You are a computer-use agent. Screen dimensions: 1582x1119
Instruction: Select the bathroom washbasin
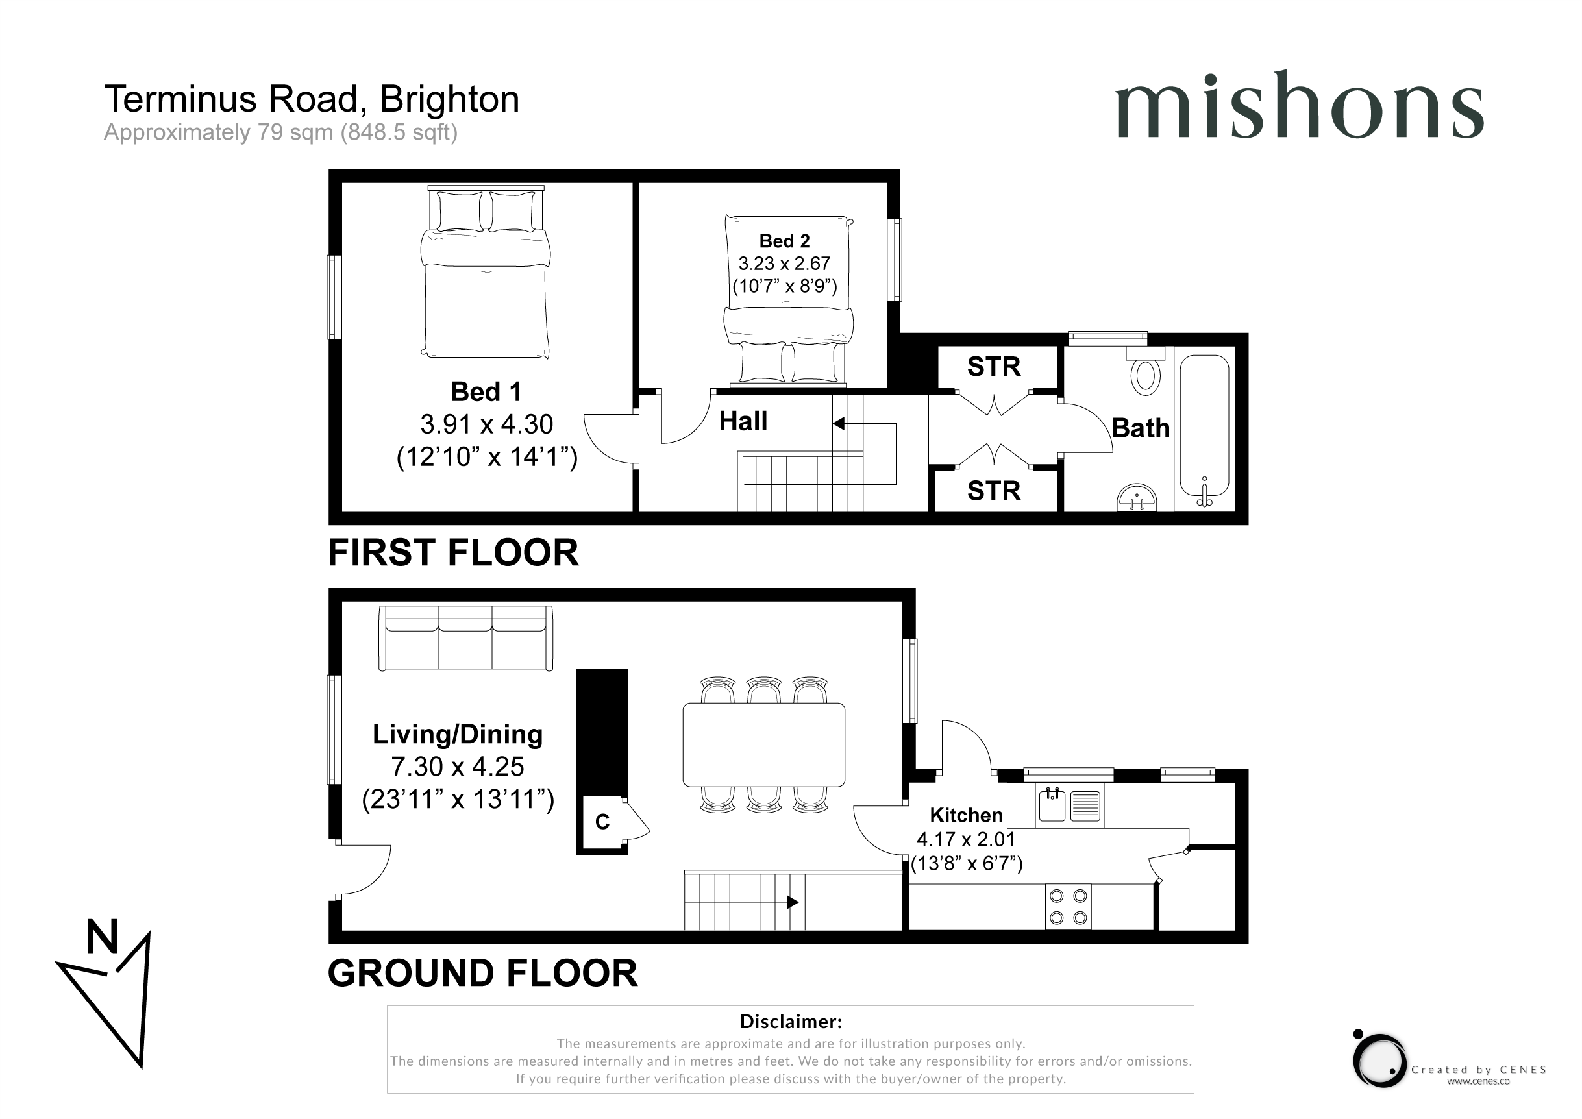tap(1136, 497)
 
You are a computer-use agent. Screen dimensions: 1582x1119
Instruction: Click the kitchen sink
tap(1069, 805)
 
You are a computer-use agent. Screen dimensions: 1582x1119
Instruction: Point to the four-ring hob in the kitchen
tap(1068, 907)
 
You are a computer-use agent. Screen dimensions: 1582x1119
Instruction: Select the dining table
tap(763, 745)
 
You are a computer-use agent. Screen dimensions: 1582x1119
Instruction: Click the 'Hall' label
tap(743, 421)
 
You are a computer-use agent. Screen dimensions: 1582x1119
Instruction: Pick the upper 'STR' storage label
tap(994, 367)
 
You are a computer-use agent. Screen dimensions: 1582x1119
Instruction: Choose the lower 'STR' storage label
tap(994, 491)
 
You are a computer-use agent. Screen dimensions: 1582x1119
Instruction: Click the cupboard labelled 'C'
tap(602, 821)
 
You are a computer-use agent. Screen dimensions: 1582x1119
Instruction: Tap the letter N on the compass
tap(102, 937)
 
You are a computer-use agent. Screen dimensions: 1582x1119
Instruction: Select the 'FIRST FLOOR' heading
tap(453, 552)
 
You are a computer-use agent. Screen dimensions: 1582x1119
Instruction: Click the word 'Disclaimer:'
tap(791, 1021)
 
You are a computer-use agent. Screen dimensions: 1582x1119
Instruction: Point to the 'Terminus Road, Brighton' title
tap(312, 99)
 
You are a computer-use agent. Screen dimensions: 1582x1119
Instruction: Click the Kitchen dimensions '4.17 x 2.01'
tap(965, 839)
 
